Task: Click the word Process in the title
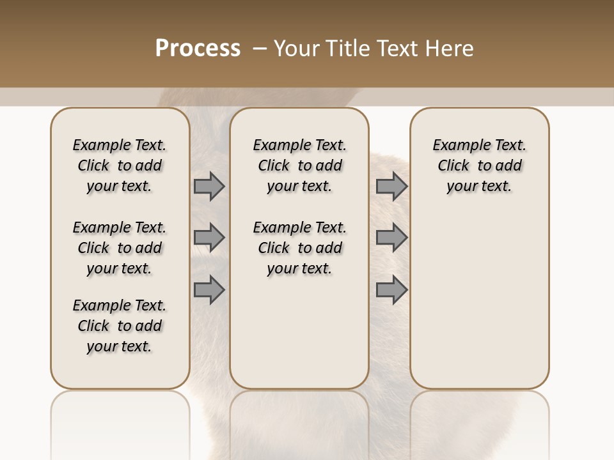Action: point(198,49)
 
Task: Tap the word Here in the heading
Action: point(450,49)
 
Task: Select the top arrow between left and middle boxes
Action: point(209,186)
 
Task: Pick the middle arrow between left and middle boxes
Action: point(209,238)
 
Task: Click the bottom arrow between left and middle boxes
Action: point(209,289)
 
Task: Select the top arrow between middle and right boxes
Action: point(391,186)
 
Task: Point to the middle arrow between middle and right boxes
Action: point(391,238)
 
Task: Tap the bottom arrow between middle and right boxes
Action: point(391,289)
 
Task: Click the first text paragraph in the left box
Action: point(120,165)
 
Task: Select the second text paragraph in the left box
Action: point(120,248)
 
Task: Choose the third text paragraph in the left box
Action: point(120,326)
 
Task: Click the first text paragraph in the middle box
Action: point(299,165)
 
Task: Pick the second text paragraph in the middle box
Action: point(299,248)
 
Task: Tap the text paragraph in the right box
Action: point(480,165)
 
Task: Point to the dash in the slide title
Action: point(260,49)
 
